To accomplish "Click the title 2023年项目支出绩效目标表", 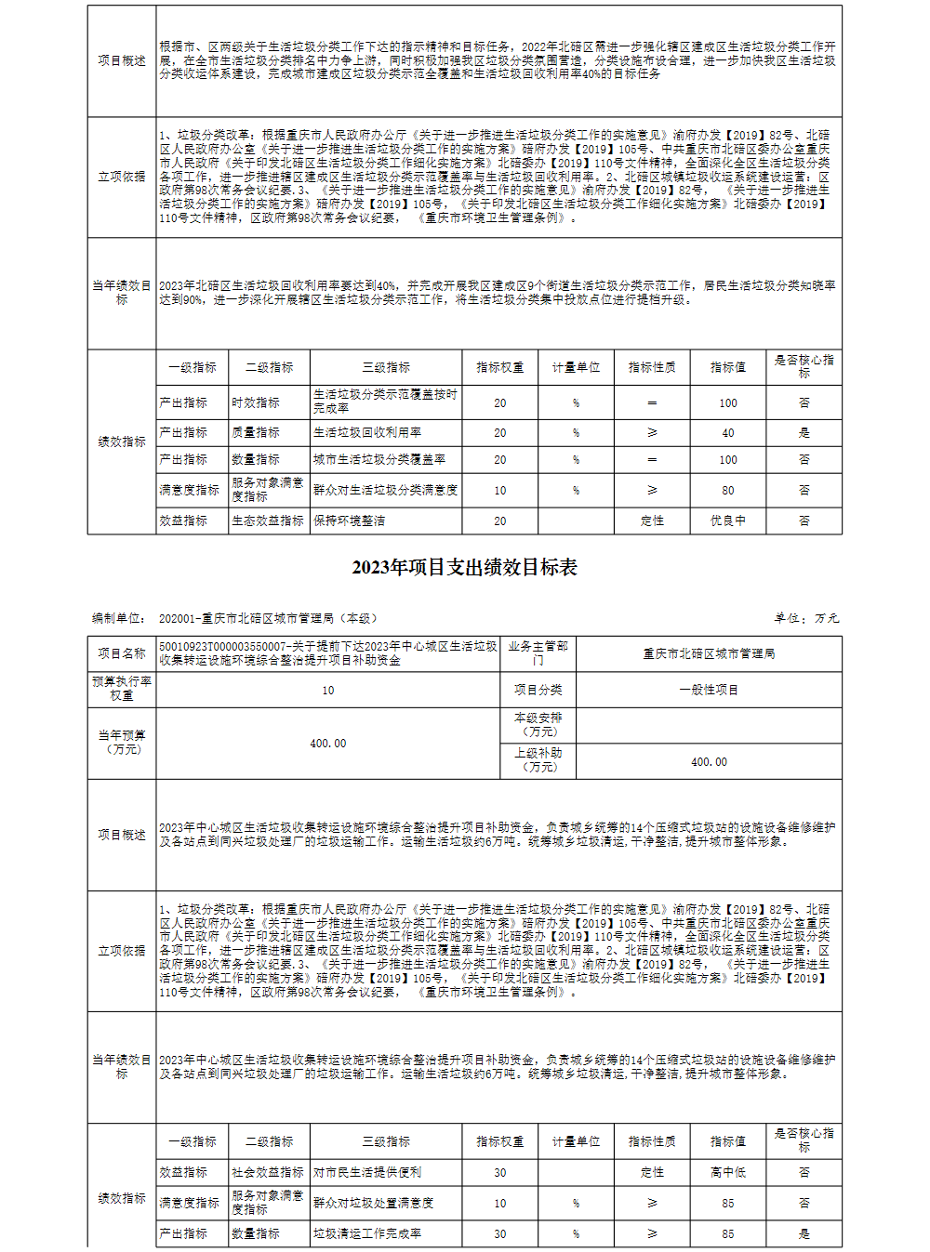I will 464,568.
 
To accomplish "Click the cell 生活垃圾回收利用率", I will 367,432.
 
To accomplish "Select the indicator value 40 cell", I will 727,432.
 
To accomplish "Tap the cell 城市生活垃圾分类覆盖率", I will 379,459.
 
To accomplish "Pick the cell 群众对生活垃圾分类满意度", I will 385,490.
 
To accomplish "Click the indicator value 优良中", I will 727,521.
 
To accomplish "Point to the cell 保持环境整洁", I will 350,521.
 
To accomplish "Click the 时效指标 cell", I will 256,402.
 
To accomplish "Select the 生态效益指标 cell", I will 268,521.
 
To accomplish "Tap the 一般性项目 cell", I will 709,690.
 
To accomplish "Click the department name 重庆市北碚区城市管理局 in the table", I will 709,653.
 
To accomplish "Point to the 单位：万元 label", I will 806,618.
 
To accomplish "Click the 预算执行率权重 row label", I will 122,689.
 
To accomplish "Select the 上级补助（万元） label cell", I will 538,760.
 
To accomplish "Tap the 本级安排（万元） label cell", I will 538,725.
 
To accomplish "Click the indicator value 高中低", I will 727,1172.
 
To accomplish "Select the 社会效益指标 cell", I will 268,1172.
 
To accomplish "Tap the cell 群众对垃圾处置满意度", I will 374,1203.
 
